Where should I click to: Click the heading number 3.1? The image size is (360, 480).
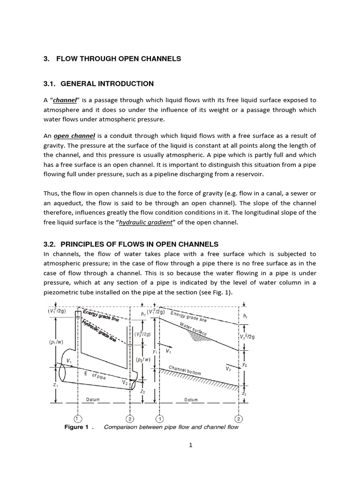pos(50,84)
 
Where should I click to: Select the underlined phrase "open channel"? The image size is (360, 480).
pos(75,136)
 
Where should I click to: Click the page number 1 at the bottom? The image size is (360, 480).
pos(191,445)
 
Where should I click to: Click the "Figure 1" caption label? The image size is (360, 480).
pos(78,427)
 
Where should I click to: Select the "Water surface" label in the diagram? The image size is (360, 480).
pos(193,328)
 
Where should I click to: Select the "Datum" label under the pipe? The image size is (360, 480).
pos(93,400)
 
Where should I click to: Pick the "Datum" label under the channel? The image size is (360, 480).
pos(191,400)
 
